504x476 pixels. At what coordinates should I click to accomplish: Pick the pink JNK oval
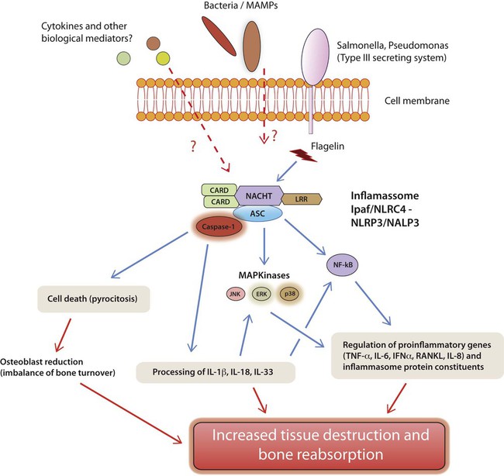235,295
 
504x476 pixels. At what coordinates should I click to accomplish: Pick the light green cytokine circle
124,59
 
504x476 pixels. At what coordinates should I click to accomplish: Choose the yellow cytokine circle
162,60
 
